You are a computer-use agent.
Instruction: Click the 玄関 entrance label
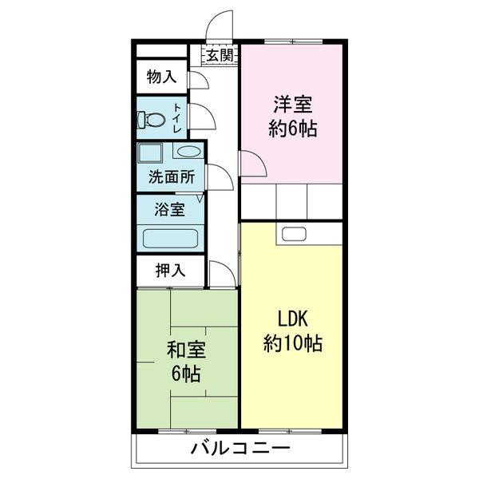tap(220, 55)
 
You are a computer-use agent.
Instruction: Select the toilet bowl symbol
tap(150, 120)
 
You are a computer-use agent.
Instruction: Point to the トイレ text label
tap(177, 117)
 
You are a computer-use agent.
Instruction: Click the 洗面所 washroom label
tap(169, 177)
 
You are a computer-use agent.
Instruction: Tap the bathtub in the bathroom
tap(169, 237)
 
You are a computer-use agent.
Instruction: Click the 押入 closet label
tap(169, 270)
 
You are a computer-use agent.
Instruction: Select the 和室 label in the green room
tap(186, 350)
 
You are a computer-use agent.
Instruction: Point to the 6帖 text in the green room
tap(184, 374)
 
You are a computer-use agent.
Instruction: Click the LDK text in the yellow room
tap(293, 319)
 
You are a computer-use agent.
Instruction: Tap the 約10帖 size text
tap(293, 344)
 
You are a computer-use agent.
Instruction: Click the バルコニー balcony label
tap(239, 449)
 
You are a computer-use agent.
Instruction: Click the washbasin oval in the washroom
tap(188, 152)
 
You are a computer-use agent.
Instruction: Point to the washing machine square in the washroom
tap(149, 152)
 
